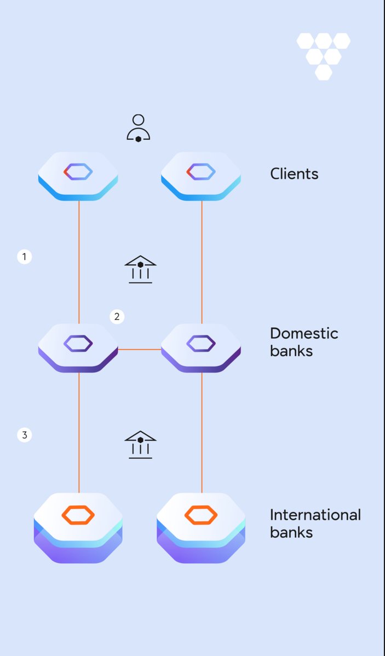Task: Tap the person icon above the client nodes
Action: click(x=138, y=129)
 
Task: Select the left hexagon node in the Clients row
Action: click(x=78, y=174)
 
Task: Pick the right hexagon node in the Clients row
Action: click(x=201, y=174)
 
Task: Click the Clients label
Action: click(x=294, y=174)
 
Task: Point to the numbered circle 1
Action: click(x=24, y=257)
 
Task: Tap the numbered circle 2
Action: click(x=117, y=316)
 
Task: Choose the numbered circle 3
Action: click(x=24, y=436)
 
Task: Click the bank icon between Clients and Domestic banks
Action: click(x=141, y=269)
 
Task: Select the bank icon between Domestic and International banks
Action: click(x=141, y=445)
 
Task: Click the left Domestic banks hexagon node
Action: click(x=78, y=346)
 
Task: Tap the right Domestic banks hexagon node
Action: click(x=201, y=346)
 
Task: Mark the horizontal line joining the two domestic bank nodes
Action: click(x=140, y=349)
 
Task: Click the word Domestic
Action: click(x=304, y=333)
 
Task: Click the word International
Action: click(x=315, y=515)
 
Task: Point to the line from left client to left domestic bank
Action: click(x=79, y=257)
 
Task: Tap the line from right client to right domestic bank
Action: click(x=202, y=257)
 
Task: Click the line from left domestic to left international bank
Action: click(x=79, y=432)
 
